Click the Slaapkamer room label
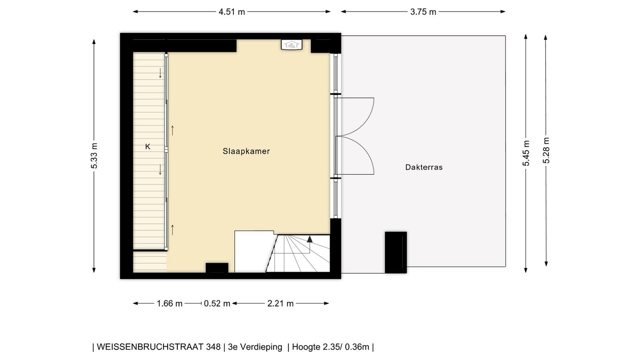(246, 151)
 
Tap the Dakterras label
(424, 168)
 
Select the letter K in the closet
(148, 146)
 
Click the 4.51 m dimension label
(232, 12)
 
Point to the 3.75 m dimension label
(423, 12)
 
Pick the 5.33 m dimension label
(94, 156)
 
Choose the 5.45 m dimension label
(526, 153)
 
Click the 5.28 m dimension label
(546, 150)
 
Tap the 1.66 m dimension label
(170, 304)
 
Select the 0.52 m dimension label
(217, 304)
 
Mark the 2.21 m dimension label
(280, 304)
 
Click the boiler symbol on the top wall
(292, 44)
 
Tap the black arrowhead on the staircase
(310, 239)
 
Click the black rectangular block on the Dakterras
(396, 252)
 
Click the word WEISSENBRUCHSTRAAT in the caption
(158, 347)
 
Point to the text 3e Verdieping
(255, 347)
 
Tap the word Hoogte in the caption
(306, 347)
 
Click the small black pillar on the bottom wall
(217, 268)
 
